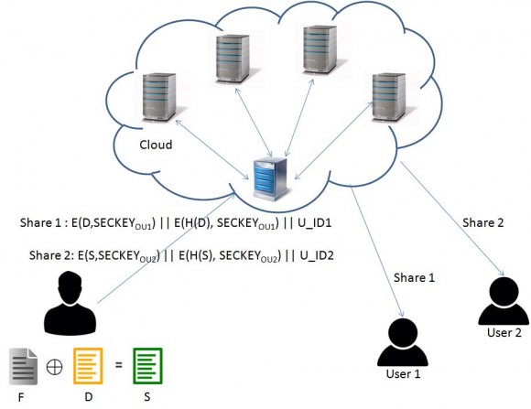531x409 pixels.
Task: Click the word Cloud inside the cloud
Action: [x=157, y=145]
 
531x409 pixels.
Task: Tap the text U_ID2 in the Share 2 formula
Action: [x=311, y=255]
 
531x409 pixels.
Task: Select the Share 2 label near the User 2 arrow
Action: [x=482, y=222]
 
